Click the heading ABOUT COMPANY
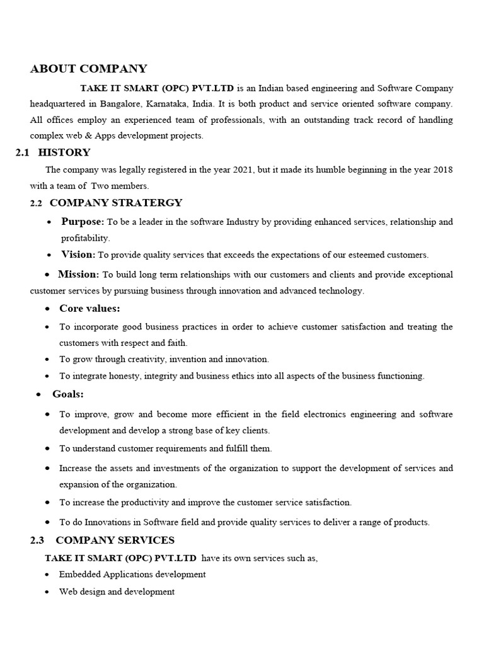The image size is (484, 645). [x=88, y=69]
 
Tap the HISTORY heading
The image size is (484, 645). [x=64, y=152]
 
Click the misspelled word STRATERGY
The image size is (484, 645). [x=149, y=203]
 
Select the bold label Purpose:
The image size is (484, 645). [x=83, y=222]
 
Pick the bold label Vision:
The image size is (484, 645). [x=78, y=254]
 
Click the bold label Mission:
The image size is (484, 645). [x=78, y=275]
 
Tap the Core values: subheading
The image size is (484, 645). [x=89, y=308]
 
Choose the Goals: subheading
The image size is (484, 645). [x=68, y=394]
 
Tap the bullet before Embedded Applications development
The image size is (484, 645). [x=49, y=575]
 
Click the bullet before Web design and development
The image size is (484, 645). [x=49, y=592]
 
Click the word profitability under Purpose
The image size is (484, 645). [x=85, y=238]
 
